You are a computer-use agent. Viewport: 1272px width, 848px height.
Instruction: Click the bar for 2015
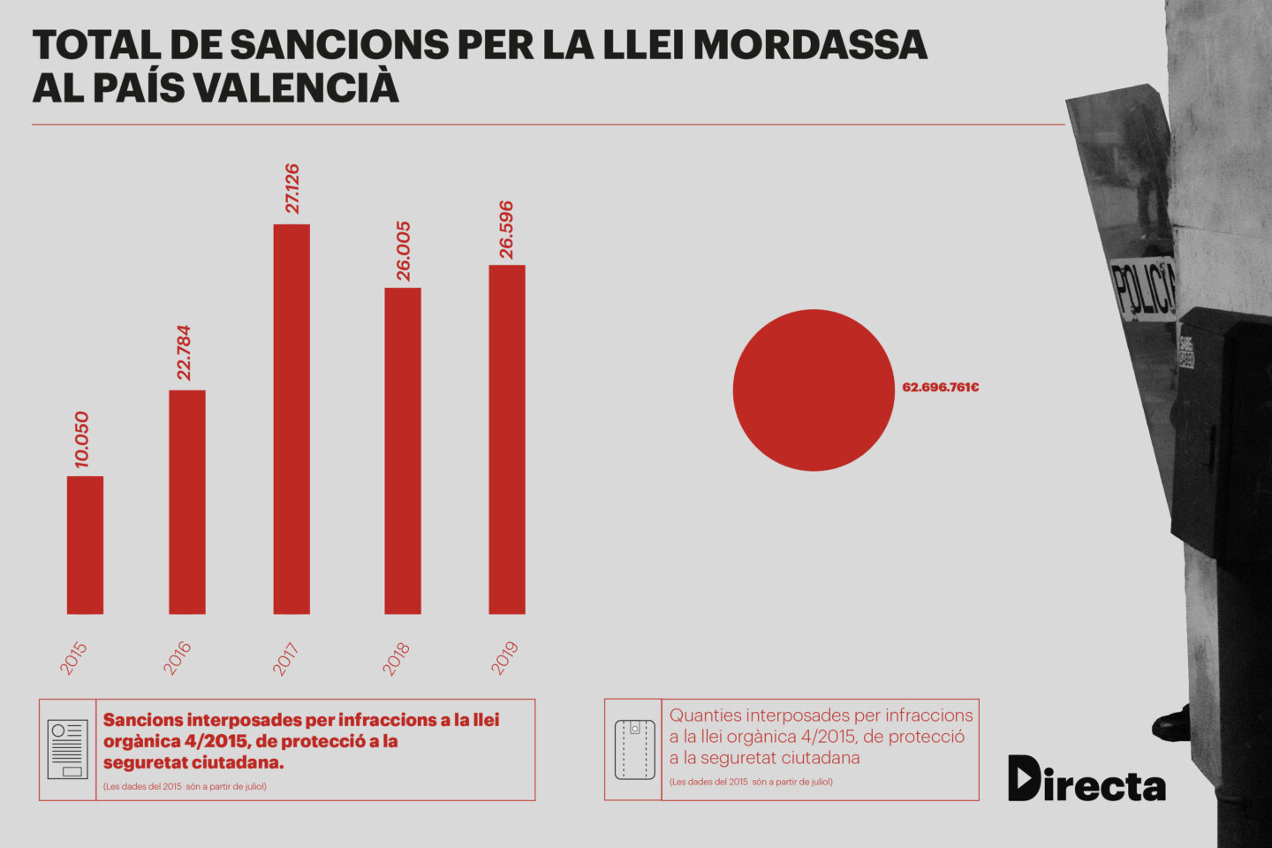(x=85, y=545)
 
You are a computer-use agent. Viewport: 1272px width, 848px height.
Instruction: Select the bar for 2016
(x=187, y=502)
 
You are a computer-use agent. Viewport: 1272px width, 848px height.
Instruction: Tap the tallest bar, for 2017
(x=291, y=419)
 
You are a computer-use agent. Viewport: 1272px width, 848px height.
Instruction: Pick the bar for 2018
(x=403, y=450)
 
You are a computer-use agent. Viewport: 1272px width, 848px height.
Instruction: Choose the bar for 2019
(x=507, y=439)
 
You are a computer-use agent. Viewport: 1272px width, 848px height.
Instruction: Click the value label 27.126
(x=292, y=188)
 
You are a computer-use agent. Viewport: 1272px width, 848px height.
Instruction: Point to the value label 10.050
(x=82, y=439)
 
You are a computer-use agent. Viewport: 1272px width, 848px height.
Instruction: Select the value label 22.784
(x=184, y=352)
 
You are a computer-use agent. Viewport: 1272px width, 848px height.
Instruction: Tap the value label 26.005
(x=403, y=251)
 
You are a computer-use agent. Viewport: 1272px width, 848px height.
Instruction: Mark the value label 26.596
(x=506, y=230)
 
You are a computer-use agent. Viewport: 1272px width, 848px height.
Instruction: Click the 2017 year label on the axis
(x=285, y=659)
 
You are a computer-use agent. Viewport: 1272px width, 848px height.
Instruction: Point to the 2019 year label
(x=504, y=658)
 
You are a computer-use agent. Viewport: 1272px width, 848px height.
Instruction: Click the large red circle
(x=814, y=390)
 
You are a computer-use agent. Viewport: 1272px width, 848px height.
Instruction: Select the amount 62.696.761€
(x=940, y=388)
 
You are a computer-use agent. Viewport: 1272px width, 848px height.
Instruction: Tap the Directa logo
(x=1086, y=779)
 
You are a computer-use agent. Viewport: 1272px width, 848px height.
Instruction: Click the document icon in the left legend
(x=68, y=749)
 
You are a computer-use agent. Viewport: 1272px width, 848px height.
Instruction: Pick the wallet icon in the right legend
(x=634, y=749)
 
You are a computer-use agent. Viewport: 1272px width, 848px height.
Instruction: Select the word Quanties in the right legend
(x=705, y=715)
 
